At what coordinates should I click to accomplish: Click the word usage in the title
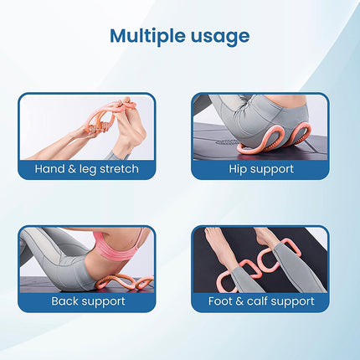point(219,37)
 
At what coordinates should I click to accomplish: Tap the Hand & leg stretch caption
point(86,169)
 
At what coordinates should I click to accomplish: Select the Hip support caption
point(260,169)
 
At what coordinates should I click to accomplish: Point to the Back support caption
point(86,300)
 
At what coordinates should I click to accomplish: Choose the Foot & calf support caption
point(260,300)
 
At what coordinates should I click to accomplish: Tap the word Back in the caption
point(67,300)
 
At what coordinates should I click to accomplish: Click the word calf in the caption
point(260,300)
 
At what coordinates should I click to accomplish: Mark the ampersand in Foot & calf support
point(242,300)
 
